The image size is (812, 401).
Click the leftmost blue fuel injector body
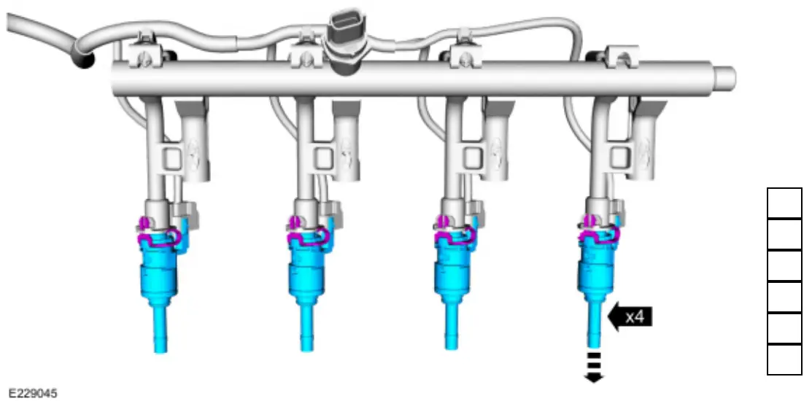pos(158,273)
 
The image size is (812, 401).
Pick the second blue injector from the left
pos(306,273)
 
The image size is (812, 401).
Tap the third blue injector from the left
pos(453,273)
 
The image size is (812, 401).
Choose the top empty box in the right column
pos(784,203)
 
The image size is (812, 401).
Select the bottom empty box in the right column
pos(784,359)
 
